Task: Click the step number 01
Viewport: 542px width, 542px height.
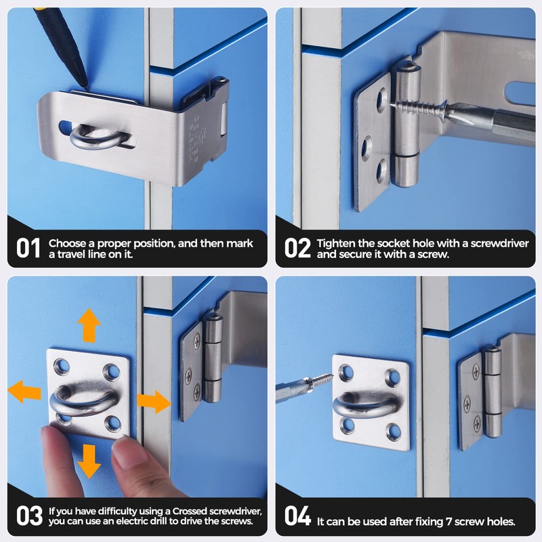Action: [x=28, y=248]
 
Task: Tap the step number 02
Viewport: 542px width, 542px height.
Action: [x=297, y=248]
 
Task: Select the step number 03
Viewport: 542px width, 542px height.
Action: [x=29, y=516]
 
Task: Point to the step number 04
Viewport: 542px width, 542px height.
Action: [x=297, y=516]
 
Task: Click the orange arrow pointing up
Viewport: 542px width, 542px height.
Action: [x=88, y=326]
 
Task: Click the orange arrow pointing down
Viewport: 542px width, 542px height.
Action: [x=88, y=461]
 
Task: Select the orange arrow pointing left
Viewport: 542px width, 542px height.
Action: [x=24, y=392]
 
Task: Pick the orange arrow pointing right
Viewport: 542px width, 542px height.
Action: [x=154, y=401]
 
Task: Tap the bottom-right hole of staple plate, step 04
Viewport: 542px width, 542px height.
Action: [x=391, y=428]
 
